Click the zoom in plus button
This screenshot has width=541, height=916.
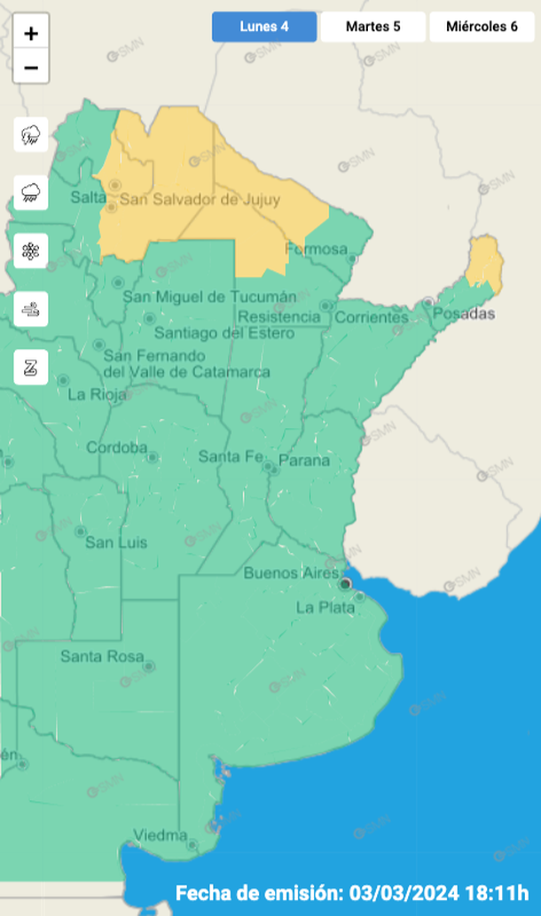coord(31,34)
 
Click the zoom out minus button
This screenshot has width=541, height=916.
coord(31,67)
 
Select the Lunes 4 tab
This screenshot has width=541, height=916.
coord(263,27)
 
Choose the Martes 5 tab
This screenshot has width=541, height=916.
coord(372,27)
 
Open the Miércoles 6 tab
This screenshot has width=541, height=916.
coord(483,27)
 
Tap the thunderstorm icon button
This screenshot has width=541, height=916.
coord(31,136)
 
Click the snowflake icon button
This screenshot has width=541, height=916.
coord(31,251)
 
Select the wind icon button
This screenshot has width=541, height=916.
coord(31,309)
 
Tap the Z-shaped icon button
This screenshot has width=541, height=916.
coord(31,367)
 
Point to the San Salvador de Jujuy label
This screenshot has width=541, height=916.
coord(200,199)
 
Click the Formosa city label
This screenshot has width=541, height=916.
coord(317,249)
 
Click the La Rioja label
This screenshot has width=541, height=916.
coord(98,394)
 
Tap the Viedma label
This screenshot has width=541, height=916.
coord(161,834)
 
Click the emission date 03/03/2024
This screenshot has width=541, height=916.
coord(402,892)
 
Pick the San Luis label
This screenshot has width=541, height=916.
coord(116,542)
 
